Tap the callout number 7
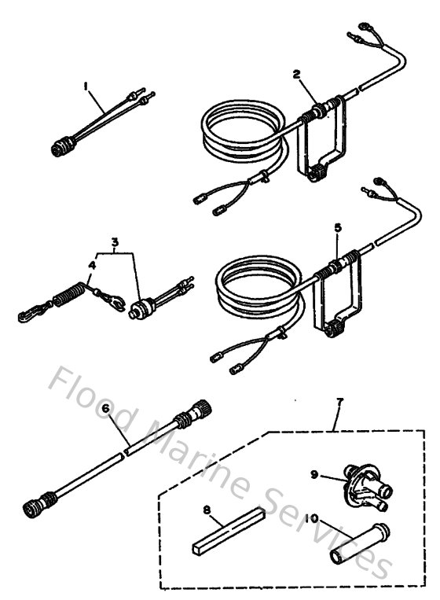click(339, 404)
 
